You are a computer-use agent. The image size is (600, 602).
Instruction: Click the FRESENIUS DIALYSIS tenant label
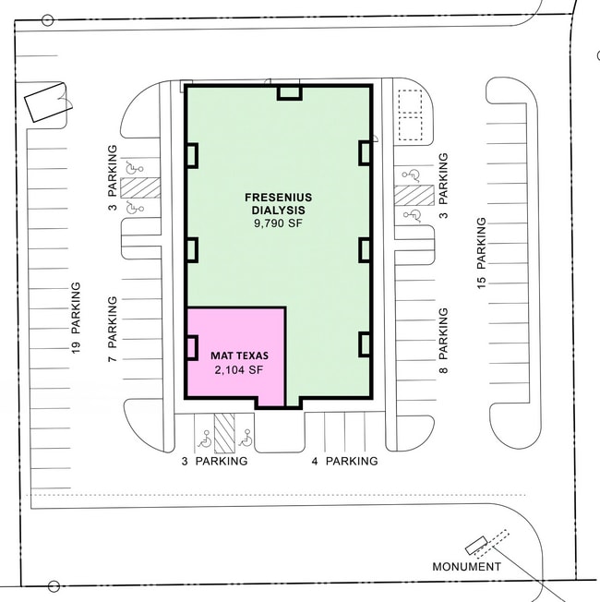[279, 204]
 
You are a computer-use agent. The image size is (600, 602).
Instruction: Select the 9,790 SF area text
[279, 223]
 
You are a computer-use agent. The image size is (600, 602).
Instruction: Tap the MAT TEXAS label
[240, 355]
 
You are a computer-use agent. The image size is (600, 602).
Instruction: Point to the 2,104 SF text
[239, 369]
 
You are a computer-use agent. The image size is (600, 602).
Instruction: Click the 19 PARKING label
[76, 318]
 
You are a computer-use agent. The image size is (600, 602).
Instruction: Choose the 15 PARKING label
[481, 253]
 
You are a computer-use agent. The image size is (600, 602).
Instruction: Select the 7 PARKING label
[112, 329]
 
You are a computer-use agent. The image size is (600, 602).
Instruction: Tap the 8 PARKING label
[443, 341]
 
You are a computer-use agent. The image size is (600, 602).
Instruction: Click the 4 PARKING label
[344, 461]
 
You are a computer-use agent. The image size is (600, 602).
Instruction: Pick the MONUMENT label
[466, 567]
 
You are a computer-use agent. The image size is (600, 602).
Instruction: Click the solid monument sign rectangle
[476, 546]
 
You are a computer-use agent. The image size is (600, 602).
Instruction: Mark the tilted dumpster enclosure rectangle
[48, 102]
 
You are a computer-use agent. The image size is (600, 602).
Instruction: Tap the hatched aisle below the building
[224, 433]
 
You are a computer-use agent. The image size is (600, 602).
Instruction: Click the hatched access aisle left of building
[140, 187]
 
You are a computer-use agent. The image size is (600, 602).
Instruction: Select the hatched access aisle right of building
[414, 195]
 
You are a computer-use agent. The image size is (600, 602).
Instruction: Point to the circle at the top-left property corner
[48, 20]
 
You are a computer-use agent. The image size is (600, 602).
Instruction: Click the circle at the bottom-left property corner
[54, 586]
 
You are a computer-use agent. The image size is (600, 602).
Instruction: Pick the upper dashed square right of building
[411, 101]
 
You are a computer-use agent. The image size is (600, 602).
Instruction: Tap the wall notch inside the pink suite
[192, 347]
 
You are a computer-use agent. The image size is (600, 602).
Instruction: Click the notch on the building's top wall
[290, 93]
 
